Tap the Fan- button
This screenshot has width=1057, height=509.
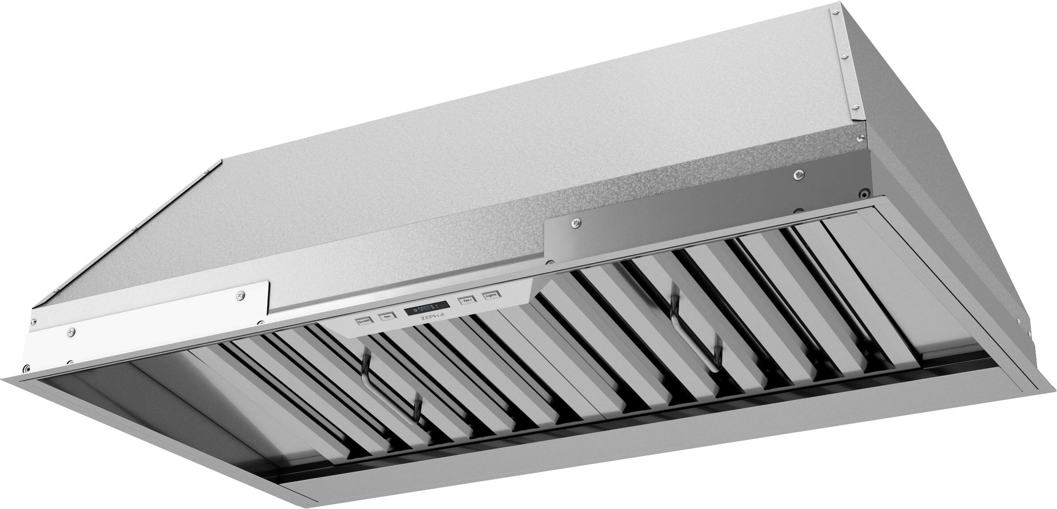pyautogui.click(x=386, y=316)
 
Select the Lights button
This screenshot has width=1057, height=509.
pyautogui.click(x=492, y=296)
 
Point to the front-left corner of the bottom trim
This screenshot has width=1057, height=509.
pyautogui.click(x=22, y=369)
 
